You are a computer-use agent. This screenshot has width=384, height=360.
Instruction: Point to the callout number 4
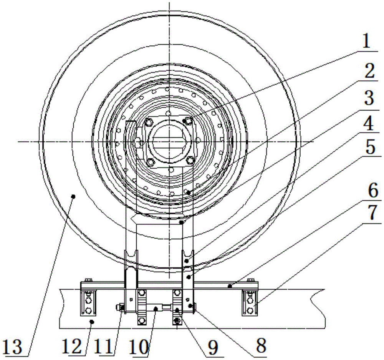pos(368,124)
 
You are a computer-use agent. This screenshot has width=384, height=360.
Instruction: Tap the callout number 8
pos(261,346)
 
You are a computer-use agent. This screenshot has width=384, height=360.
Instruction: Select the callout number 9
pos(213,347)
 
